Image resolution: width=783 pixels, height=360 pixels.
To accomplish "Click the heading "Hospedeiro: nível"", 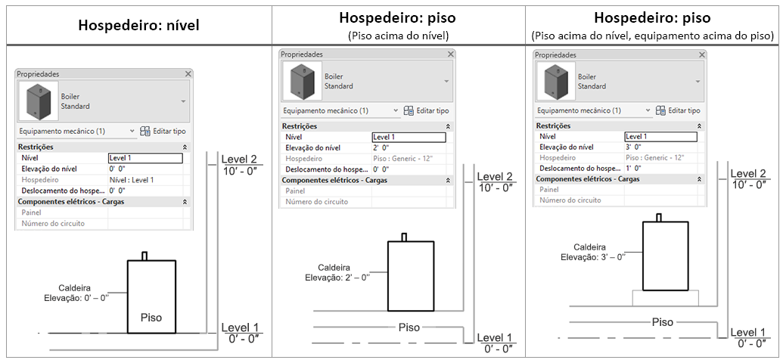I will tap(139, 24).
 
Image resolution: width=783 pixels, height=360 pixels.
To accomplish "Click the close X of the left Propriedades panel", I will tap(188, 74).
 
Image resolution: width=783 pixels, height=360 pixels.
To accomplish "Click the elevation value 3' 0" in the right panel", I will tap(634, 146).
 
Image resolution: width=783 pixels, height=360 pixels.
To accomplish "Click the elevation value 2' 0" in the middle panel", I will tap(381, 147).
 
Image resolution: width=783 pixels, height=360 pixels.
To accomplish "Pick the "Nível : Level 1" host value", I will tap(132, 180).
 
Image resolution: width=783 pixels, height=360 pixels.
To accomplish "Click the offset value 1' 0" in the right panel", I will tap(634, 167).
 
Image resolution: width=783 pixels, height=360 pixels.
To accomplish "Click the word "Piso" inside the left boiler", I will tap(151, 318).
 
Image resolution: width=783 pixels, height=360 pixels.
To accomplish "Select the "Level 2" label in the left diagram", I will tap(240, 160).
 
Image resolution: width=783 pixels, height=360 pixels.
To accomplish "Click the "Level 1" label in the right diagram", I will tap(748, 333).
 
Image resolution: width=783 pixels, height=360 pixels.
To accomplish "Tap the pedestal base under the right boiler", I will tap(663, 298).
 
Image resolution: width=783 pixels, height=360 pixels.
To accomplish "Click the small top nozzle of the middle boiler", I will tap(404, 237).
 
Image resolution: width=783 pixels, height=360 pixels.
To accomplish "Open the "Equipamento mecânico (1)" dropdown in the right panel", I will tap(594, 110).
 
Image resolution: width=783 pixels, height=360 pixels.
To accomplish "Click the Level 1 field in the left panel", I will tap(145, 158).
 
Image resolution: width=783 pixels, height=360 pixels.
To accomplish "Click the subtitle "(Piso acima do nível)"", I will tap(398, 35).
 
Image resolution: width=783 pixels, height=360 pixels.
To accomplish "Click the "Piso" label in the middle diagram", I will tap(409, 327).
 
